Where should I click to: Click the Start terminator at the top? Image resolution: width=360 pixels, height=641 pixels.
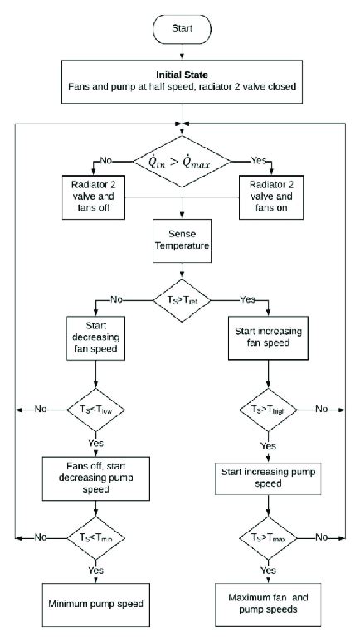point(180,27)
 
